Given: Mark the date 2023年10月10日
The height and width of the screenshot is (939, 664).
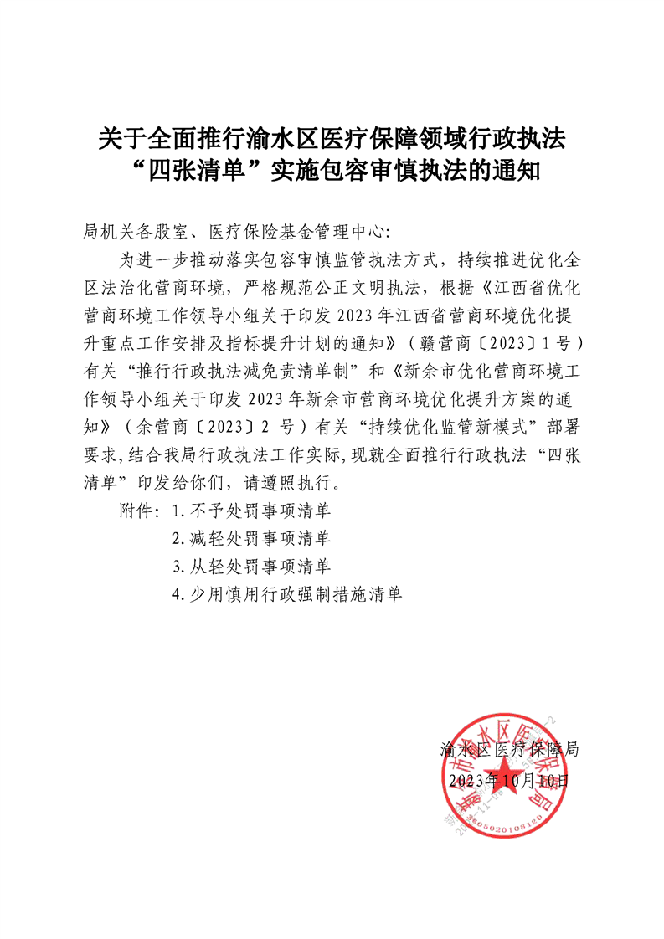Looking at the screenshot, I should (509, 780).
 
